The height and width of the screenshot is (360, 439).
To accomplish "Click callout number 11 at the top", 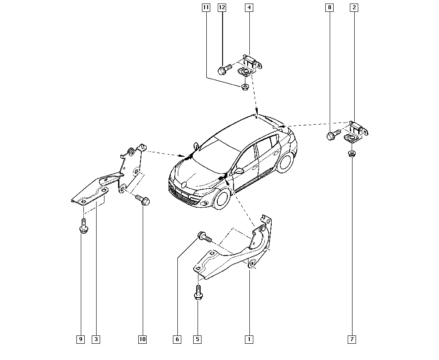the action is tap(206, 7).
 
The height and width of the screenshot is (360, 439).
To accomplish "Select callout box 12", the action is tap(222, 7).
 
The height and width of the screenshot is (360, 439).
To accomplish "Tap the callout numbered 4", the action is tap(249, 7).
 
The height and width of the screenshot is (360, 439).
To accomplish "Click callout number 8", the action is tap(330, 7).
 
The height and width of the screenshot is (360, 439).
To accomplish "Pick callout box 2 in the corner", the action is tap(354, 7).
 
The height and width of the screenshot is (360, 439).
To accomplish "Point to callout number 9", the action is tap(81, 339).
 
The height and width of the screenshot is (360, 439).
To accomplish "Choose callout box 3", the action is tap(96, 339).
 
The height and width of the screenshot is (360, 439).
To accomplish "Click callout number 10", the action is tap(143, 339).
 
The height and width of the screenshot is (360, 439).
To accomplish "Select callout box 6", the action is tap(177, 339).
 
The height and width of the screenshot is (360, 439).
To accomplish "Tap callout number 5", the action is tap(198, 339).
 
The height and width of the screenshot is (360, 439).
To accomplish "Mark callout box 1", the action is tap(249, 339).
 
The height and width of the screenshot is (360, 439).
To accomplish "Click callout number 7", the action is tap(352, 339).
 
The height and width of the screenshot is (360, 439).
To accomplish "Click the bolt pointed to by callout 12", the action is tap(224, 69).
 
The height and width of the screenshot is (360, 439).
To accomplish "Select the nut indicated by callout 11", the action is tap(245, 87).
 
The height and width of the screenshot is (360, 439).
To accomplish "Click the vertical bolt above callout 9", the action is tap(83, 226).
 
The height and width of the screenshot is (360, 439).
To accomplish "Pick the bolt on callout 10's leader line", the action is tap(143, 200).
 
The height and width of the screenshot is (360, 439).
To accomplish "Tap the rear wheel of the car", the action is tap(285, 162).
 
